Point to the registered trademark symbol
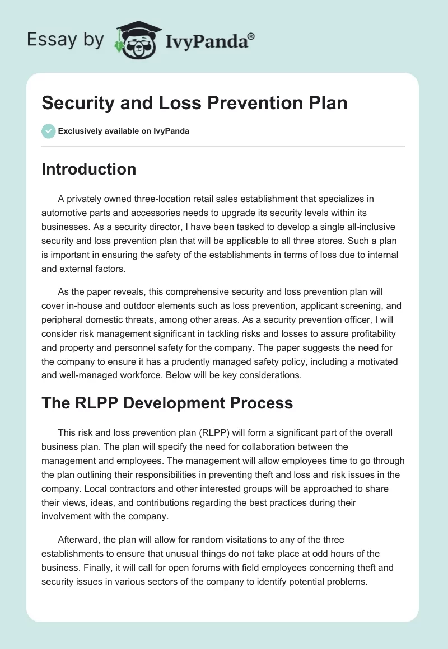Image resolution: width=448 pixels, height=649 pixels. click(251, 36)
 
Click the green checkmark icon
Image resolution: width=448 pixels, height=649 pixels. click(48, 131)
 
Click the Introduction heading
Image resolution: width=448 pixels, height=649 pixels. click(88, 169)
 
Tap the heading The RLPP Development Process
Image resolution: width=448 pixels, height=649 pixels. click(167, 402)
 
